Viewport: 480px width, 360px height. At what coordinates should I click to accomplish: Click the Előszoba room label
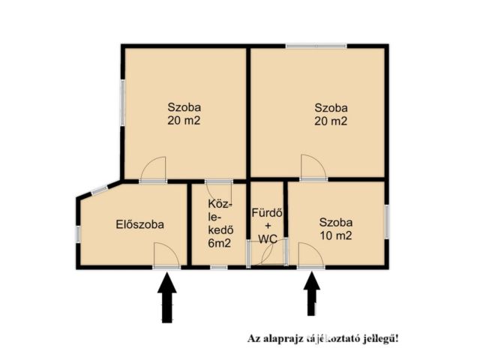pos(140,223)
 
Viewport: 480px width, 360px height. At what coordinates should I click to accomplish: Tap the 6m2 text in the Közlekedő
pos(219,244)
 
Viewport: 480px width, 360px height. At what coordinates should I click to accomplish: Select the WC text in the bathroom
pos(267,238)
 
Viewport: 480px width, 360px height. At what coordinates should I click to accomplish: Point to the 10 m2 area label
pos(335,235)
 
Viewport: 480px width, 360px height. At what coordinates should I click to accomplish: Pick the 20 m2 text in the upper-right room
pos(331,120)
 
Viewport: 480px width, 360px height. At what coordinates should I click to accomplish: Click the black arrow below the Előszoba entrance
pos(167,298)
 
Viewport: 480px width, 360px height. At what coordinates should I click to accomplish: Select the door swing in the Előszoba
pos(166,254)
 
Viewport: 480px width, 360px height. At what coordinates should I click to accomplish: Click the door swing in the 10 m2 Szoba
pos(309,255)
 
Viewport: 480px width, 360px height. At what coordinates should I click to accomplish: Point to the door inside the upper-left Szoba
pos(154,169)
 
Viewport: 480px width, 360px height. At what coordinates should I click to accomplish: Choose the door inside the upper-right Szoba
pos(313,166)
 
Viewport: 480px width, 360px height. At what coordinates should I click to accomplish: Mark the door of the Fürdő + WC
pos(263,256)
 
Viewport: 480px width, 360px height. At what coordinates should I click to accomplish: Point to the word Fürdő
pos(267,212)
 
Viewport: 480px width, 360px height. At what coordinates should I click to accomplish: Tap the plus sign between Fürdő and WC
pos(267,226)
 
